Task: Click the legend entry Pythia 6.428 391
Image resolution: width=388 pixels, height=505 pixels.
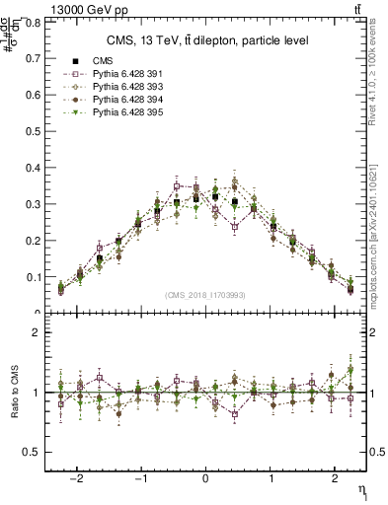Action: [117, 74]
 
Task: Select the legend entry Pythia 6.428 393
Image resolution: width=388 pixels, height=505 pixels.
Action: [117, 87]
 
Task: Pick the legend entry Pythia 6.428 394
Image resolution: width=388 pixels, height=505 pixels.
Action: [117, 100]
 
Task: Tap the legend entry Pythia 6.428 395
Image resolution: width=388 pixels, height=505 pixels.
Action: [117, 112]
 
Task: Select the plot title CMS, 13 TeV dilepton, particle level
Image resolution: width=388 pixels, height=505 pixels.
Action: [206, 40]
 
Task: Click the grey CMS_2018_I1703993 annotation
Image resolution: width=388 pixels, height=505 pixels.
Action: [206, 295]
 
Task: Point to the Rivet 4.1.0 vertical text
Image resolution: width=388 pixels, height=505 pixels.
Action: [379, 79]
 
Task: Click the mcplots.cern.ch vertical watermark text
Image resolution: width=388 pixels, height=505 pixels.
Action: [379, 237]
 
